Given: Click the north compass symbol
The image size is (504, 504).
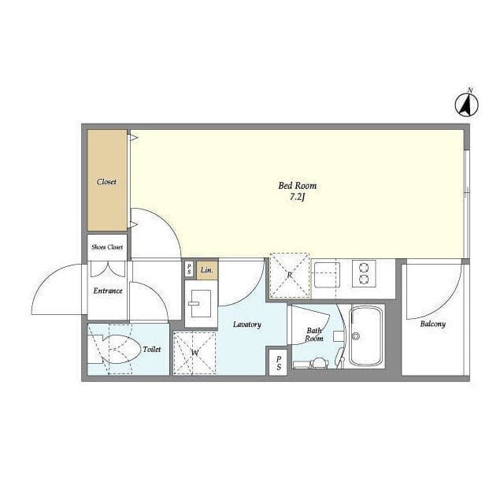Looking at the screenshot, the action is point(467,104).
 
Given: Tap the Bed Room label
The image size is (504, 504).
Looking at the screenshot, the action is point(298,186).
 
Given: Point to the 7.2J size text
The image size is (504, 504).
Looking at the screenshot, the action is point(297,197).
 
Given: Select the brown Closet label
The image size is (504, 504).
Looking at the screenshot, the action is point(106,182).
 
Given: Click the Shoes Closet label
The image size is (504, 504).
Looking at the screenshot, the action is point(107,246).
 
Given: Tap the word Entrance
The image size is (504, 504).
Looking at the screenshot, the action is point(108,291).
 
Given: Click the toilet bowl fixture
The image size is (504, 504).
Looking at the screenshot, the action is point(120,350).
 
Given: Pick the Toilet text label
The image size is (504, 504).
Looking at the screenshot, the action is point(152,349).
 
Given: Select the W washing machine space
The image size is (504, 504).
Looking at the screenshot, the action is point(195,354).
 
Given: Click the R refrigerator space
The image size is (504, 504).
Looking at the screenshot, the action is point(290,276).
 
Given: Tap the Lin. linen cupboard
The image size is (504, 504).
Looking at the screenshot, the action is point(207,270).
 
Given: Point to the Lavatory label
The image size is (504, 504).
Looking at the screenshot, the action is point(246,324).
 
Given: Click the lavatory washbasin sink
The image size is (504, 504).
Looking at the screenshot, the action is point(202,303).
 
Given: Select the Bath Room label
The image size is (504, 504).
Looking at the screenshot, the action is point(314,334).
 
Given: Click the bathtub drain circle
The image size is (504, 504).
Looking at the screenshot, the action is point(355,336).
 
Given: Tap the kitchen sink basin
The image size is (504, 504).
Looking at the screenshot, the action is point(327,275).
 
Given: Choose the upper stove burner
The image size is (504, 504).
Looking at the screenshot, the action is point(364,268).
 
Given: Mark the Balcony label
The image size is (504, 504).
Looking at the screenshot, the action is point(432,324).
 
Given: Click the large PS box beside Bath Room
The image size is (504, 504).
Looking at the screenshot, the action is point(278,362).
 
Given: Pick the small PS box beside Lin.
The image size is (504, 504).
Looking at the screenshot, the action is point(190,269).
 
